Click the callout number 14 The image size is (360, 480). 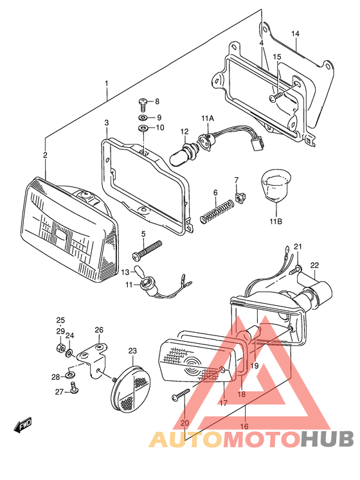(295, 33)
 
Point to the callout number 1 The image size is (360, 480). (107, 84)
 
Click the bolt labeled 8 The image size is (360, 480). (144, 102)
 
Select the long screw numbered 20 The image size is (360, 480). (181, 396)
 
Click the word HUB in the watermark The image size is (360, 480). (327, 438)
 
